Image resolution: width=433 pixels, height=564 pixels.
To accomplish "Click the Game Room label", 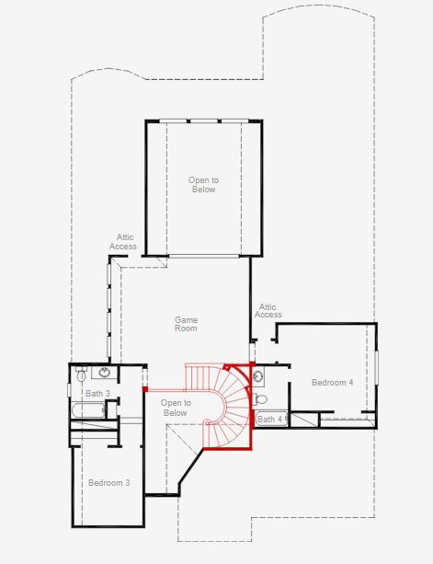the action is pyautogui.click(x=186, y=324).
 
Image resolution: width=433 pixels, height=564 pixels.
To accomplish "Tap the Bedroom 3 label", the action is pyautogui.click(x=108, y=482).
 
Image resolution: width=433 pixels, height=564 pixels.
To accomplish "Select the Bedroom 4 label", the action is pyautogui.click(x=332, y=382).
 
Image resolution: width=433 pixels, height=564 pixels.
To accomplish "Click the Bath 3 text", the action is pyautogui.click(x=97, y=393).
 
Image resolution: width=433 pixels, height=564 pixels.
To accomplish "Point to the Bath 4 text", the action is pyautogui.click(x=270, y=419).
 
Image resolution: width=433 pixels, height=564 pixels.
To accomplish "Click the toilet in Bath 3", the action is pyautogui.click(x=81, y=374).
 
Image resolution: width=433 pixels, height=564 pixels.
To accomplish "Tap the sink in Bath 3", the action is pyautogui.click(x=105, y=373).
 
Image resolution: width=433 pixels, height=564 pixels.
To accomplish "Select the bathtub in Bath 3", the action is pyautogui.click(x=88, y=410).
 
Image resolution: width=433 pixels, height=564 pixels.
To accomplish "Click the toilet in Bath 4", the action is pyautogui.click(x=260, y=399).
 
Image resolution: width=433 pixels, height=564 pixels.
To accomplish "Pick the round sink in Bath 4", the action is pyautogui.click(x=258, y=376).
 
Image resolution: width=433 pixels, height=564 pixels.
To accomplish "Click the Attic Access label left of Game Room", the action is pyautogui.click(x=123, y=242).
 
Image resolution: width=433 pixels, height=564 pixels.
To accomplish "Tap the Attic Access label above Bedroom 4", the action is pyautogui.click(x=268, y=311).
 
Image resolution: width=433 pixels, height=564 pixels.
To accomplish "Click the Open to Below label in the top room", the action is pyautogui.click(x=203, y=185).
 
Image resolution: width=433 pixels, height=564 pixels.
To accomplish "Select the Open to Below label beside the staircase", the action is pyautogui.click(x=176, y=408).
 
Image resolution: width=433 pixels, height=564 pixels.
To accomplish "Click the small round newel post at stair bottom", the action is pyautogui.click(x=207, y=422).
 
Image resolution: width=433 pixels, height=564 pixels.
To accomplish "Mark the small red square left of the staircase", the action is pyautogui.click(x=145, y=389).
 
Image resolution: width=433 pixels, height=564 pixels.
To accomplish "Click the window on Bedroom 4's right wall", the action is pyautogui.click(x=376, y=367).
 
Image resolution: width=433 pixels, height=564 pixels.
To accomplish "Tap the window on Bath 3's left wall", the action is pyautogui.click(x=69, y=390).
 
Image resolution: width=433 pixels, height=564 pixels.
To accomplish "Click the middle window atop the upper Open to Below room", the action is pyautogui.click(x=204, y=121).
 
